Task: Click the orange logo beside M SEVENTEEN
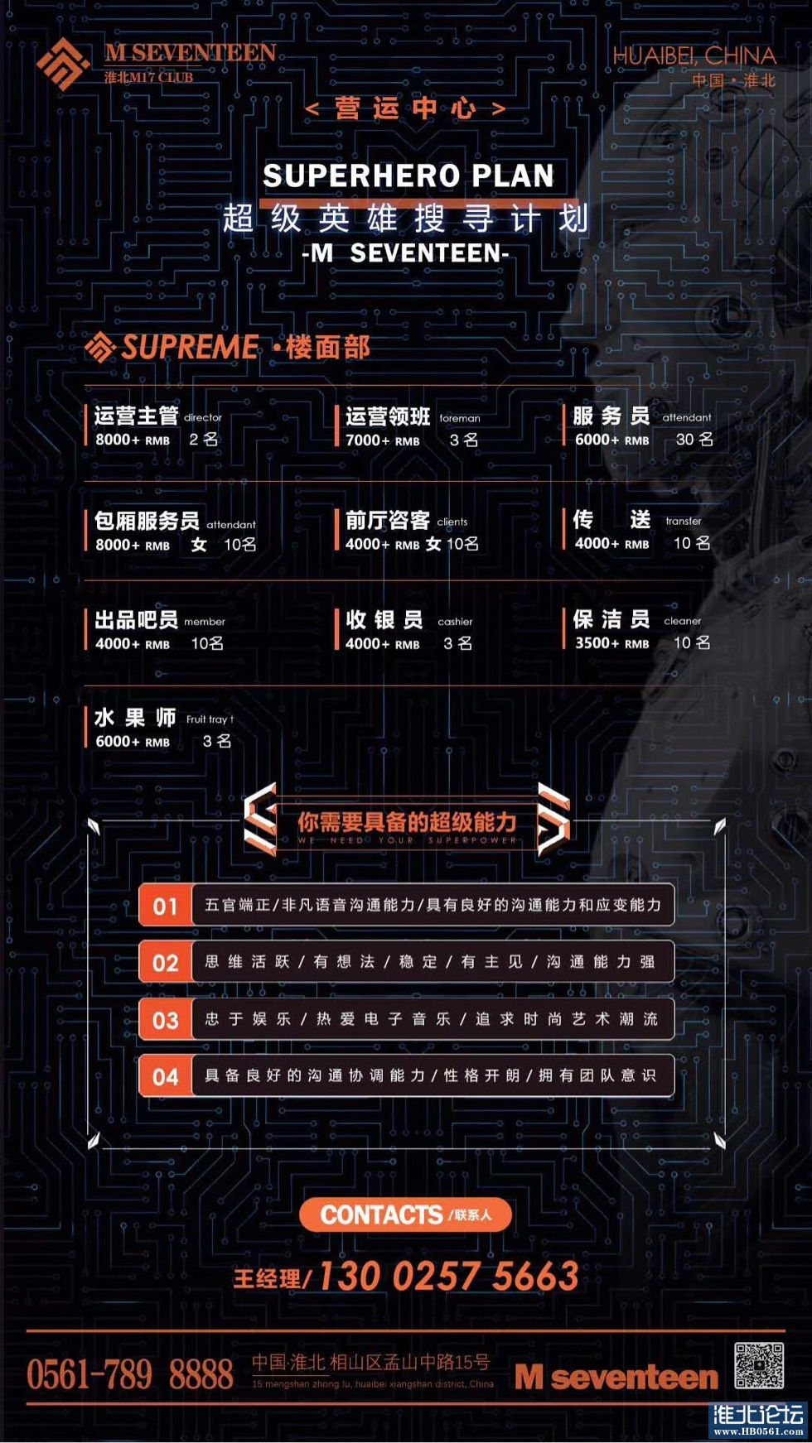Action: coord(62,63)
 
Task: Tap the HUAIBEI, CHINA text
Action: coord(694,56)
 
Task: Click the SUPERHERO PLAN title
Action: coord(408,176)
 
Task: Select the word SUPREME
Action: coord(190,347)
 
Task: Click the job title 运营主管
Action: coord(136,416)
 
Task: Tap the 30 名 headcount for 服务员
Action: coord(694,440)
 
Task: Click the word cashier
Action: coord(455,622)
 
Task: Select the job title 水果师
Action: coord(135,718)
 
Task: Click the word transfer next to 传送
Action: coord(683,522)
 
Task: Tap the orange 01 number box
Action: coord(165,906)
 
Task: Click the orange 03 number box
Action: coord(165,1020)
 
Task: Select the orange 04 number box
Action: coord(165,1076)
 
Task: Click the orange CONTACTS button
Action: coord(405,1215)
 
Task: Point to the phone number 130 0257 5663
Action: coord(448,1276)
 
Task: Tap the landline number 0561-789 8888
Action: coord(130,1375)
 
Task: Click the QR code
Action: coord(758,1366)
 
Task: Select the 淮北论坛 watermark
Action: coord(758,1419)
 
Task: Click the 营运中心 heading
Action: coord(405,108)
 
